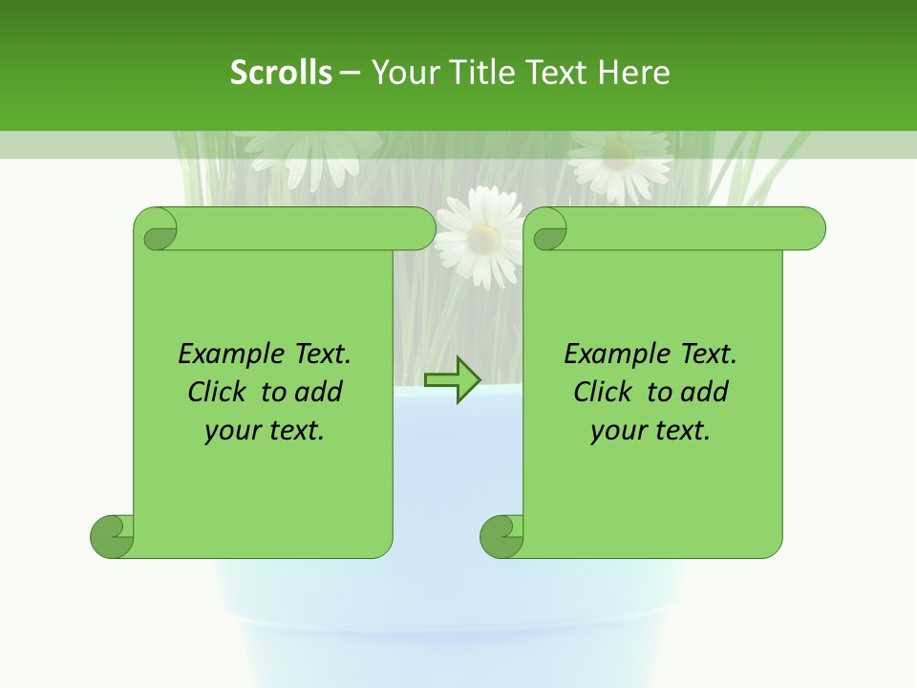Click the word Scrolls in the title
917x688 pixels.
pos(281,73)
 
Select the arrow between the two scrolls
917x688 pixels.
pos(453,380)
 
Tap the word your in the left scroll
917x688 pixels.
pos(230,431)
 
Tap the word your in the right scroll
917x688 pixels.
pos(616,431)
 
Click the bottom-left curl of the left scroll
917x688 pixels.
pos(111,535)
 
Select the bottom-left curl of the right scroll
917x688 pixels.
pos(501,535)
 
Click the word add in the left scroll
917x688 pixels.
pos(318,392)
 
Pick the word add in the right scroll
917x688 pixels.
pos(704,392)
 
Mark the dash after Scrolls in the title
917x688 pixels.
pos(350,73)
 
